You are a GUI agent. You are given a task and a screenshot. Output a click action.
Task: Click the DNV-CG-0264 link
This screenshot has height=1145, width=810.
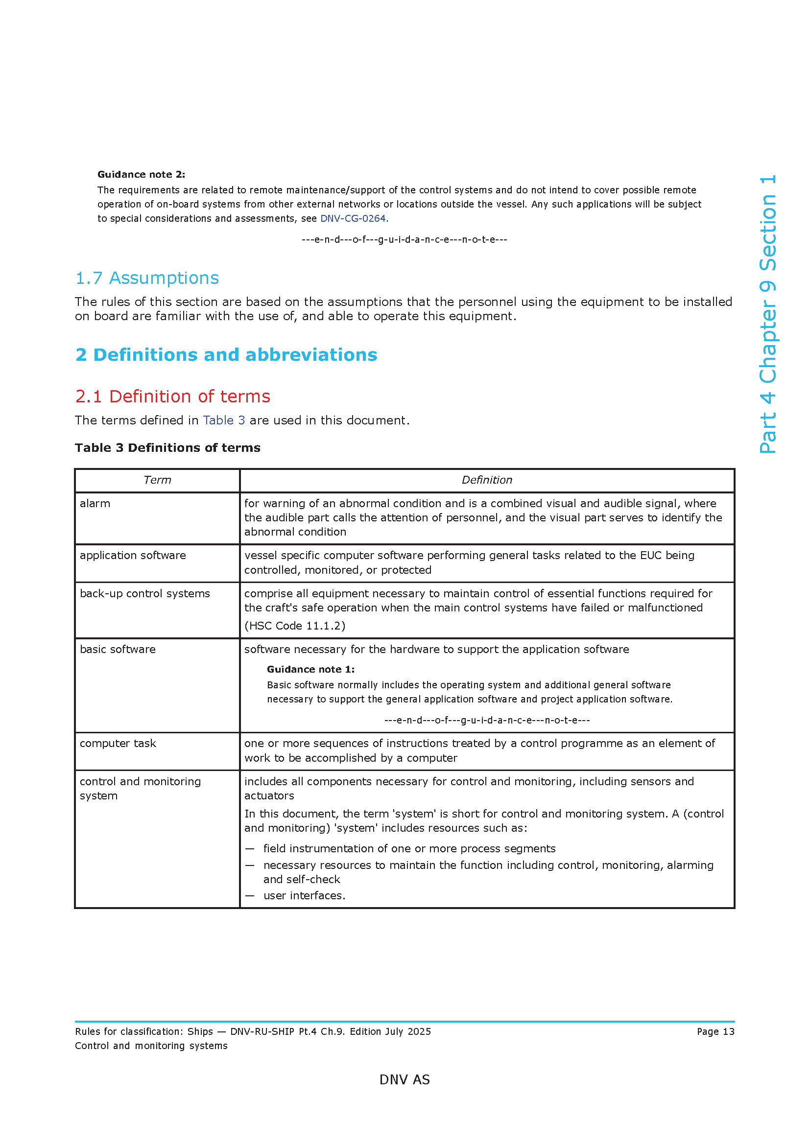pyautogui.click(x=353, y=218)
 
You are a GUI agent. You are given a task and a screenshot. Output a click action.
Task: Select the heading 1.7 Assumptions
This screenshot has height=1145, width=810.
pyautogui.click(x=146, y=278)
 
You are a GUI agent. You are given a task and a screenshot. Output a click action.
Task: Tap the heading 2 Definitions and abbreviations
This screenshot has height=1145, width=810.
pyautogui.click(x=226, y=354)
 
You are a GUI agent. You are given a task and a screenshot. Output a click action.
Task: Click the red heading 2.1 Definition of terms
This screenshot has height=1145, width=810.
pyautogui.click(x=172, y=397)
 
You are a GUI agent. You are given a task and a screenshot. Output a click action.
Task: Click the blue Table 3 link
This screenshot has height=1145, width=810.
pyautogui.click(x=223, y=421)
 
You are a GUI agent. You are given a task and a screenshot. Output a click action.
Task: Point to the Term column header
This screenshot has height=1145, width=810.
pyautogui.click(x=157, y=480)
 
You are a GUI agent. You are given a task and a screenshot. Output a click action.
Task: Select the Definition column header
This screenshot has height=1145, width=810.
pyautogui.click(x=487, y=480)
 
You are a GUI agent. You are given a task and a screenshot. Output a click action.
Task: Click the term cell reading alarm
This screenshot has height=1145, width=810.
pyautogui.click(x=95, y=503)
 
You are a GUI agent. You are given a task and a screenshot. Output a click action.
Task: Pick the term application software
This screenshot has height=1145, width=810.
pyautogui.click(x=133, y=555)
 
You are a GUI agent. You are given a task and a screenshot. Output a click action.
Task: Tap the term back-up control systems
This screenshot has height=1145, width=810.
pyautogui.click(x=144, y=593)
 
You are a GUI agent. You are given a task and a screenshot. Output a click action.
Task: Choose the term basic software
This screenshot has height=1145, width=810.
pyautogui.click(x=118, y=649)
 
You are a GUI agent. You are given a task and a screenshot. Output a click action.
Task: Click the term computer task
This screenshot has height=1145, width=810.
pyautogui.click(x=118, y=743)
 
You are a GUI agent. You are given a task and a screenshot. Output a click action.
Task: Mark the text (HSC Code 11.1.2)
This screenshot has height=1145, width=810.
pyautogui.click(x=295, y=626)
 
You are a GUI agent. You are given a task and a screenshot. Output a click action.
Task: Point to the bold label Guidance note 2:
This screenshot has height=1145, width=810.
pyautogui.click(x=141, y=175)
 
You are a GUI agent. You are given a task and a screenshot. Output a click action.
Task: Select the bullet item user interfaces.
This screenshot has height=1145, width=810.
pyautogui.click(x=304, y=895)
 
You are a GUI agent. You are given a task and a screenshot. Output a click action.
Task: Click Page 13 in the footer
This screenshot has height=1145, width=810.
pyautogui.click(x=715, y=1031)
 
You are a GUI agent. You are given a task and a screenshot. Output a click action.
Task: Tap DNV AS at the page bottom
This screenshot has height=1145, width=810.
pyautogui.click(x=405, y=1080)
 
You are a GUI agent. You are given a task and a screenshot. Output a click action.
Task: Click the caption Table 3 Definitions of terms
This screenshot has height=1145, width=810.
pyautogui.click(x=167, y=448)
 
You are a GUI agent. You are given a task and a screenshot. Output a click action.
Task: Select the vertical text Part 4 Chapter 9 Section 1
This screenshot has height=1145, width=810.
pyautogui.click(x=767, y=314)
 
